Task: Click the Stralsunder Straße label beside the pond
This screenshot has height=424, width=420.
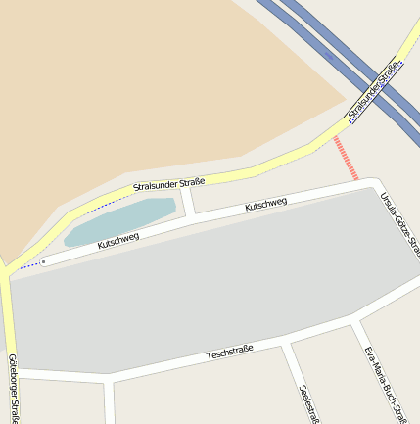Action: click(168, 182)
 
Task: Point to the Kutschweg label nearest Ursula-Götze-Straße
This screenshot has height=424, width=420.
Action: click(265, 205)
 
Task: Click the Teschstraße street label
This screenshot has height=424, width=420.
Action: click(230, 352)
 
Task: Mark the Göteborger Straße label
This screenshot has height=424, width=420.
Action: click(13, 388)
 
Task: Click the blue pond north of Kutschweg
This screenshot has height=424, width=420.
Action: click(122, 220)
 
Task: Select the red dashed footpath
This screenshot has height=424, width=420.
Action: click(346, 158)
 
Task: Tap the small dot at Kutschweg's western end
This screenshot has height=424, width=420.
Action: click(43, 261)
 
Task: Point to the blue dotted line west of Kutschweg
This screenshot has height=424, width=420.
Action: click(29, 264)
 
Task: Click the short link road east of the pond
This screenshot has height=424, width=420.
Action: click(187, 201)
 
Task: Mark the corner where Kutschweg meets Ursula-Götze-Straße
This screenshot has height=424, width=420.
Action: click(372, 185)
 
